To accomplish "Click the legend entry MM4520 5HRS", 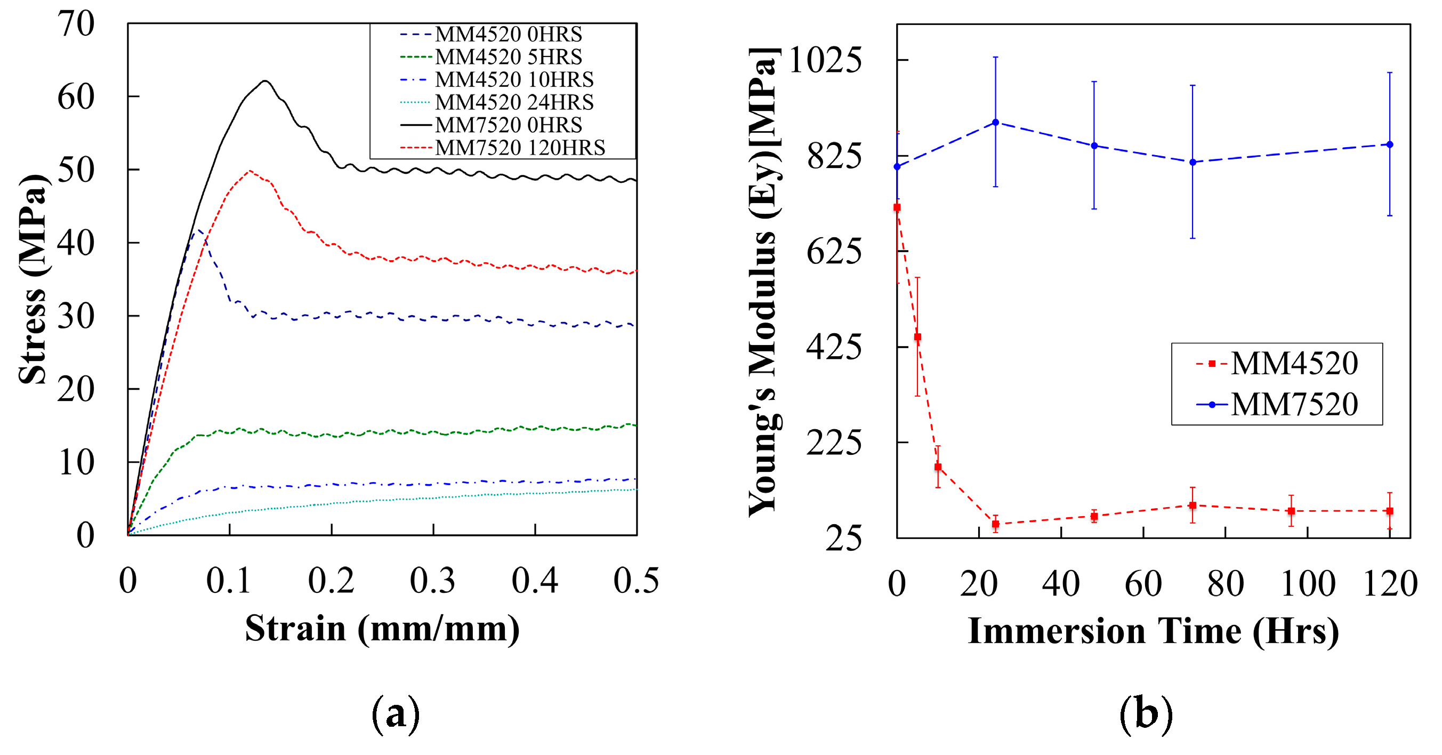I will point(508,57).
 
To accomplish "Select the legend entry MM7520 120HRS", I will point(519,147).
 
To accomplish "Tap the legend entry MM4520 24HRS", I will point(514,102).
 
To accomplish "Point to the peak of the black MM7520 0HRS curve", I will point(265,81).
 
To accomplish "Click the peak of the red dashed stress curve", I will point(249,171).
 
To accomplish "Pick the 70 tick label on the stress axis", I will point(76,24).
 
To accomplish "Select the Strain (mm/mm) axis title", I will point(382,629).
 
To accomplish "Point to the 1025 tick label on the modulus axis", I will point(825,60).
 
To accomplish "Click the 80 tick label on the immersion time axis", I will point(1226,584).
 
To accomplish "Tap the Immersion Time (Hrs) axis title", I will point(1153,631).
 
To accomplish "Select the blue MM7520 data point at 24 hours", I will point(995,122).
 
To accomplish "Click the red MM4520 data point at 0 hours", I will point(897,207).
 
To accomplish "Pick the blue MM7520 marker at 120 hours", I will point(1389,144).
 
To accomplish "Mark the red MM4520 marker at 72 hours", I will point(1193,505).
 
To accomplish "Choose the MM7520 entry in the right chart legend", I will point(1294,404).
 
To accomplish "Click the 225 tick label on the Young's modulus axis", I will point(834,443).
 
